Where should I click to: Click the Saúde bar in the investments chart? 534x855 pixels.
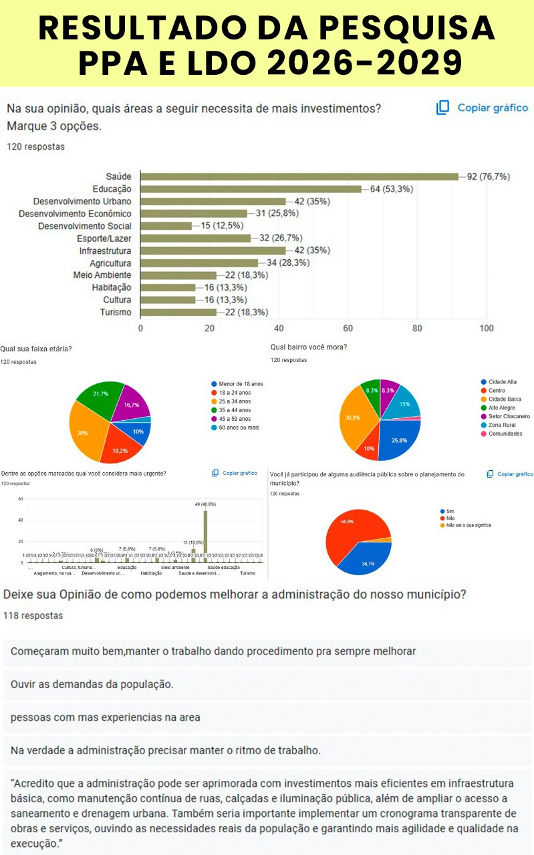299,177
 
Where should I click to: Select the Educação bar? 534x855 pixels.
251,189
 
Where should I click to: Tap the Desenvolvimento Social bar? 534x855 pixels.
166,226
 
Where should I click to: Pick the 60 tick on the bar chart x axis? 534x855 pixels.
348,328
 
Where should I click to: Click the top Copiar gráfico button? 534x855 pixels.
482,108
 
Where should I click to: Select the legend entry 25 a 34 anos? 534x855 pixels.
235,401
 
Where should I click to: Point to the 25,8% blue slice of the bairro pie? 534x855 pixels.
396,440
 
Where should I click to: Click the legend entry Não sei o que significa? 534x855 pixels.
469,525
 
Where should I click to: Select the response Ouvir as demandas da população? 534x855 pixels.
92,685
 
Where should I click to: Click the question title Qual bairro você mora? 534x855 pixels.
309,347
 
